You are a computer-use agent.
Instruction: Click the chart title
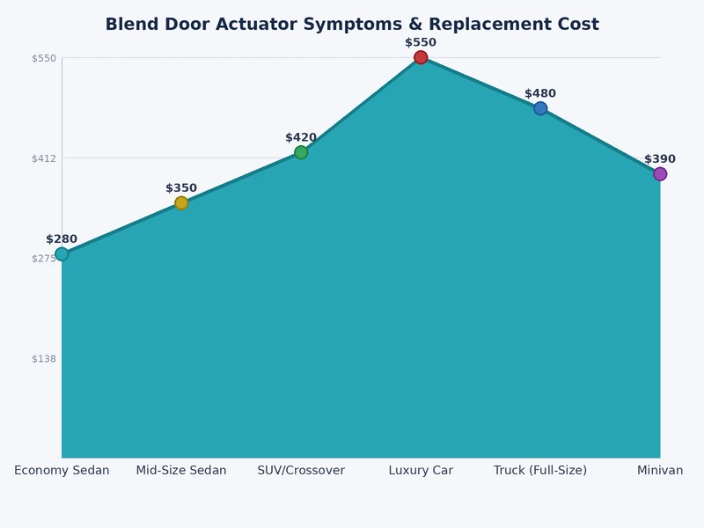pyautogui.click(x=352, y=25)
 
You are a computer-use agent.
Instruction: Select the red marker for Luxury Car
pyautogui.click(x=421, y=57)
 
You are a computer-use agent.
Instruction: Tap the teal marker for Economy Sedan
pyautogui.click(x=62, y=254)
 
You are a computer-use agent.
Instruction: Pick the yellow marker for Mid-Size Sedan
pyautogui.click(x=181, y=203)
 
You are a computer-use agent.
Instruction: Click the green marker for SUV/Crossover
pyautogui.click(x=301, y=152)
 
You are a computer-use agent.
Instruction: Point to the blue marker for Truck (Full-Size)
pyautogui.click(x=540, y=108)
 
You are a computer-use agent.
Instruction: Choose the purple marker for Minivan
pyautogui.click(x=660, y=174)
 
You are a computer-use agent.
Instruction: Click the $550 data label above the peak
pyautogui.click(x=421, y=42)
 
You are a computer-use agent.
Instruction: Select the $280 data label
pyautogui.click(x=62, y=239)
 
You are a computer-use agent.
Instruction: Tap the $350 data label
pyautogui.click(x=181, y=188)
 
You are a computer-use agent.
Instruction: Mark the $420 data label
pyautogui.click(x=301, y=137)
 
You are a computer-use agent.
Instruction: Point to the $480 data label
pyautogui.click(x=540, y=93)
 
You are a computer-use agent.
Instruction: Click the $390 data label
pyautogui.click(x=660, y=159)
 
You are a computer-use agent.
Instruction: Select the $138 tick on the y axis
pyautogui.click(x=44, y=358)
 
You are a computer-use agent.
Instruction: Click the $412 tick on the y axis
pyautogui.click(x=44, y=158)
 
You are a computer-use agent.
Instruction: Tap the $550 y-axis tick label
pyautogui.click(x=44, y=58)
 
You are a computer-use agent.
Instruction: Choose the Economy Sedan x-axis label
pyautogui.click(x=62, y=471)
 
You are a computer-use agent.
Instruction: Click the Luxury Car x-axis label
pyautogui.click(x=421, y=471)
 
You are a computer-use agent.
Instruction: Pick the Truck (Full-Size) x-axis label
pyautogui.click(x=540, y=471)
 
